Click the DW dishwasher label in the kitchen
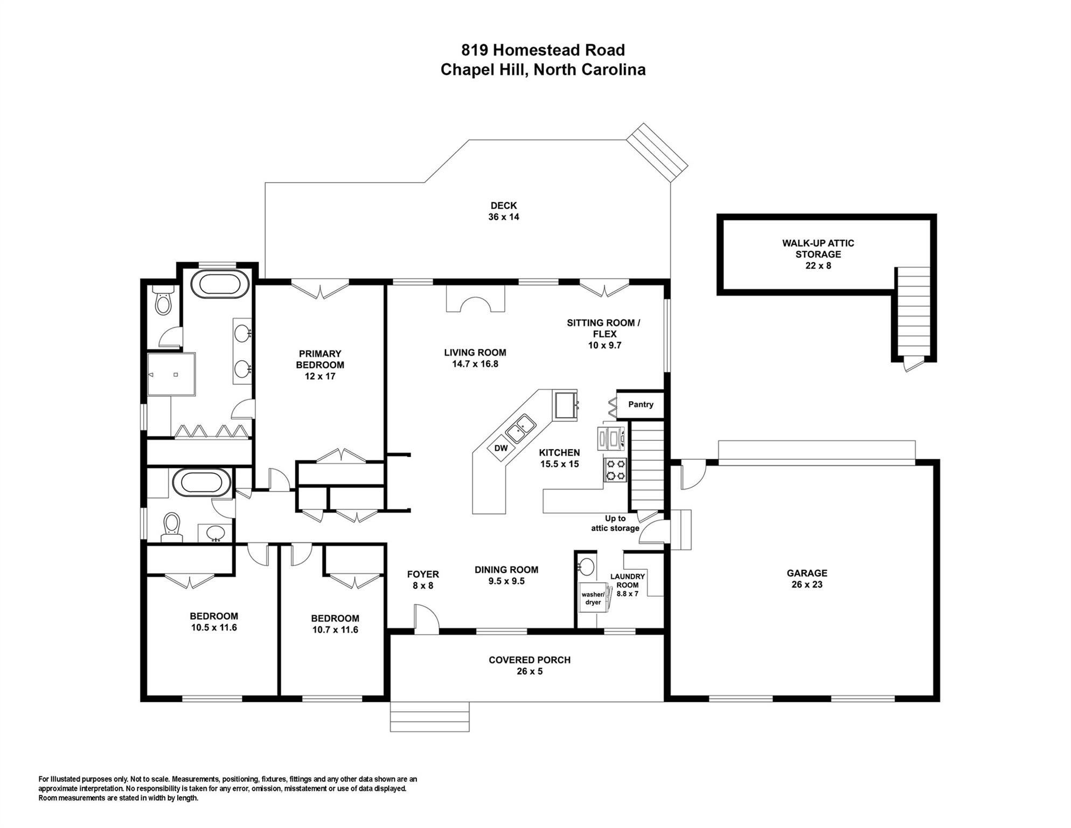(x=501, y=448)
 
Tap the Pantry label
(x=641, y=404)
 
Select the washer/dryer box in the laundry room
(x=593, y=598)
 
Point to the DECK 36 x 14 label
(x=504, y=211)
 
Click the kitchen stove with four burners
(x=615, y=469)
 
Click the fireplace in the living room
(x=475, y=299)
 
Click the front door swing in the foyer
(x=427, y=617)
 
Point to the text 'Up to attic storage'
(x=615, y=523)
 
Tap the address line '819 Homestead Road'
(x=543, y=50)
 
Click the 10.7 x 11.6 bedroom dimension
(x=335, y=630)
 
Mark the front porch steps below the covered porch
(x=429, y=716)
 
